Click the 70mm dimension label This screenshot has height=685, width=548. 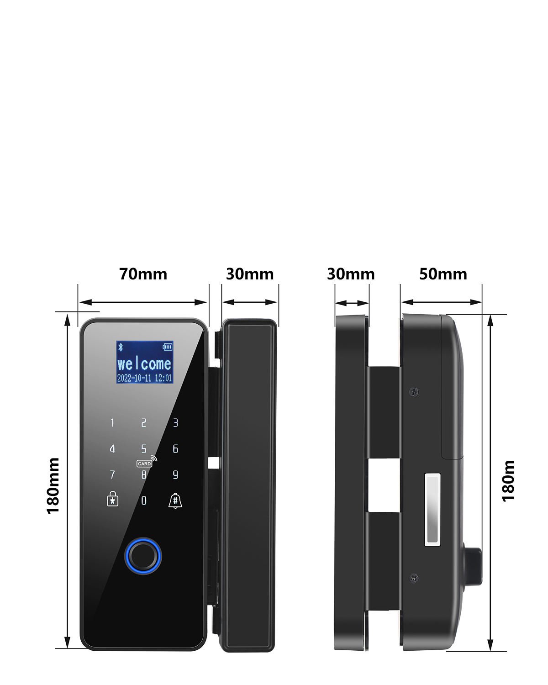(x=143, y=274)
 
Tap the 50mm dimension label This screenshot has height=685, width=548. (x=443, y=274)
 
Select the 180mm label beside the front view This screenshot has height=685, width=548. (x=53, y=485)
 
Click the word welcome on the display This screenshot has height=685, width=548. (x=144, y=364)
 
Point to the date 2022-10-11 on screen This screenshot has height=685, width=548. (x=134, y=378)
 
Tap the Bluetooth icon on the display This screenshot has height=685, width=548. (x=121, y=347)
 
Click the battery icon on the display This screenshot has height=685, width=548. (x=168, y=347)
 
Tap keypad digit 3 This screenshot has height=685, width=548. (x=175, y=423)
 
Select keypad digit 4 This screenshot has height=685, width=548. (x=112, y=449)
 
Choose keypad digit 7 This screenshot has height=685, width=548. (x=112, y=475)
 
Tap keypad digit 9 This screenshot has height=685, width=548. (x=175, y=475)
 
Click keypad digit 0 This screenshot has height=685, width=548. (x=144, y=501)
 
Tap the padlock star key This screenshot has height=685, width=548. (x=112, y=499)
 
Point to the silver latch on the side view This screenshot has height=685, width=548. (x=433, y=510)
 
